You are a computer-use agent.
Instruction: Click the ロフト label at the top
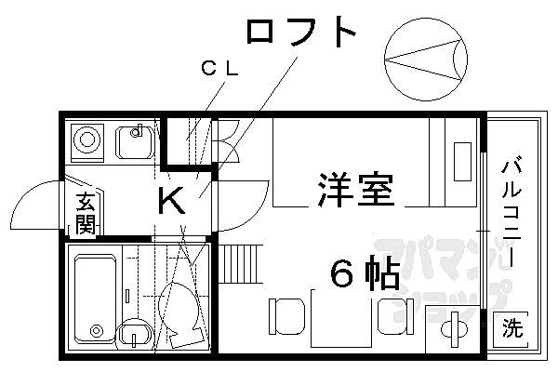click(301, 32)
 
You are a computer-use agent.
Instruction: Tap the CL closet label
click(219, 68)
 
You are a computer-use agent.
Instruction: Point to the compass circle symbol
click(426, 59)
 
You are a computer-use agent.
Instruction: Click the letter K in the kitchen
click(171, 200)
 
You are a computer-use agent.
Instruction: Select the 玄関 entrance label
click(86, 213)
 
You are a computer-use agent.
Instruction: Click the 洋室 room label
click(356, 190)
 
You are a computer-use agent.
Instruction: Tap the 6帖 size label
click(365, 272)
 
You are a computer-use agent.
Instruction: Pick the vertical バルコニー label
click(511, 211)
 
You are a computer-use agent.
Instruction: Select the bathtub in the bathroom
click(96, 299)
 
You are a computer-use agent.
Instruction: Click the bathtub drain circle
click(96, 331)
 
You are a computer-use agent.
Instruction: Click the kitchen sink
click(135, 142)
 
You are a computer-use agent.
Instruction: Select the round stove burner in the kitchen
click(87, 139)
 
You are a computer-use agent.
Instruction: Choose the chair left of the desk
click(287, 316)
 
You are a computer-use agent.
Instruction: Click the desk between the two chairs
click(341, 318)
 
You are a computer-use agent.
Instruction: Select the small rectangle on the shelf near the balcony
click(462, 161)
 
